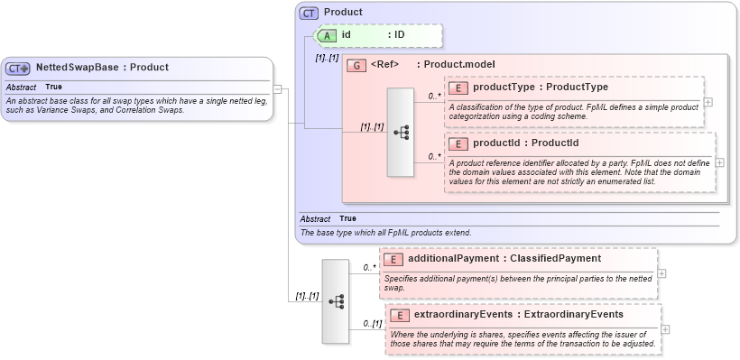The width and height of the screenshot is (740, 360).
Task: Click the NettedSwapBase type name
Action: [x=77, y=67]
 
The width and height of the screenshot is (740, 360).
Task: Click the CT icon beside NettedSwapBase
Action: [x=18, y=68]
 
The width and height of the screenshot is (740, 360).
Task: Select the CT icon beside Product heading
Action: [x=310, y=13]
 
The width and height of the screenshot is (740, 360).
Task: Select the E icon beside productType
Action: [x=458, y=88]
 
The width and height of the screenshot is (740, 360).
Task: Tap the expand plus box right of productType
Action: [x=708, y=102]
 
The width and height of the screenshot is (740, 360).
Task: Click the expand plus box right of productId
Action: [x=719, y=162]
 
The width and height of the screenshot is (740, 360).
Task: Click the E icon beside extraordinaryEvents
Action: [x=400, y=315]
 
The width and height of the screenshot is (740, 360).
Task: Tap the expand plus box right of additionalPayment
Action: [x=662, y=273]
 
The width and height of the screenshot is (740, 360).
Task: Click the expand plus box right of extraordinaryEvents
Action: [x=669, y=329]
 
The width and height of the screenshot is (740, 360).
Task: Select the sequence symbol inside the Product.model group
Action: [x=401, y=132]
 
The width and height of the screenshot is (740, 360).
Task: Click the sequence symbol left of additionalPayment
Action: [x=336, y=301]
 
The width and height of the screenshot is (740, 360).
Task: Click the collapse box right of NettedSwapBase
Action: [x=279, y=88]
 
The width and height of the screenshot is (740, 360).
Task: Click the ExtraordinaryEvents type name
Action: [x=568, y=315]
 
